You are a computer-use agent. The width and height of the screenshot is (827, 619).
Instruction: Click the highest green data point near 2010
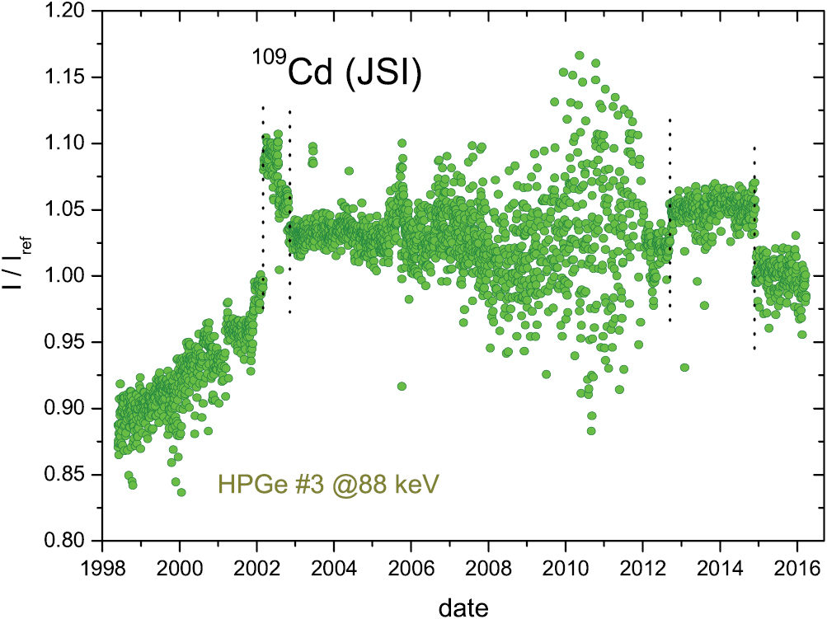pyautogui.click(x=580, y=55)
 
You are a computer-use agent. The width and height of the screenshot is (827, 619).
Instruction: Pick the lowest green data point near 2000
pyautogui.click(x=181, y=492)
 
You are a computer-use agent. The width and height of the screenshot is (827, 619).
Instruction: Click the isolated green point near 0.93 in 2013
pyautogui.click(x=684, y=368)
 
